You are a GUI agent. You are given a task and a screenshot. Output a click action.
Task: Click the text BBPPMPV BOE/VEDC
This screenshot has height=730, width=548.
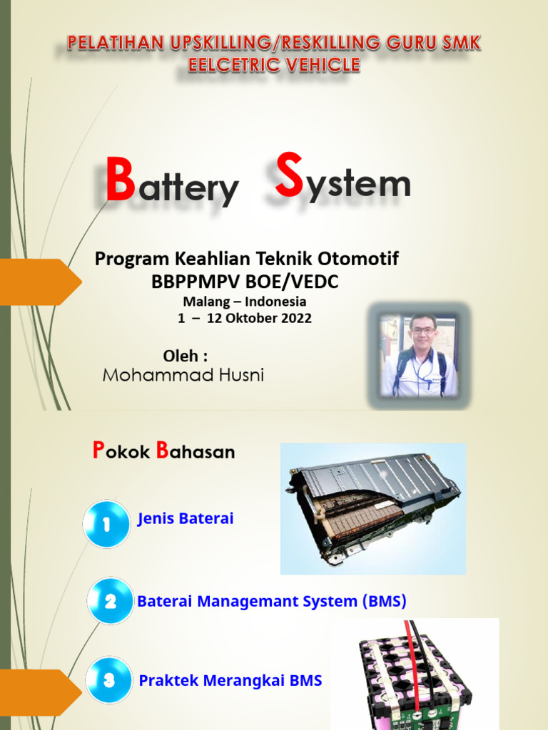245,282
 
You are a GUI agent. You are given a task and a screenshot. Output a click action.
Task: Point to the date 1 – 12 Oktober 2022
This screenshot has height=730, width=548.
244,319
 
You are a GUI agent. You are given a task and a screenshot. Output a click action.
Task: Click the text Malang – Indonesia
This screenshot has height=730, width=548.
244,302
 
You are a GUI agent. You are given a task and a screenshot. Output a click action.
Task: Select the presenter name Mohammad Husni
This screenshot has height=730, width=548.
183,375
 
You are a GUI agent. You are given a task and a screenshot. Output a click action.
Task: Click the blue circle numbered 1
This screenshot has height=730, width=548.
107,524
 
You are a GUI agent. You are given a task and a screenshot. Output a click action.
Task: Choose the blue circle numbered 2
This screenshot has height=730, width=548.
111,602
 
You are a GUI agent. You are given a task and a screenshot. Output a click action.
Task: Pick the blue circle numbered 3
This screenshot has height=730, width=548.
109,681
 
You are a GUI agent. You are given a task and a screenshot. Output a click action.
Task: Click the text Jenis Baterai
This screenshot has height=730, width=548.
186,519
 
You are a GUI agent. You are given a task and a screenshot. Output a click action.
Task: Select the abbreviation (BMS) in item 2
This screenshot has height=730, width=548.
383,601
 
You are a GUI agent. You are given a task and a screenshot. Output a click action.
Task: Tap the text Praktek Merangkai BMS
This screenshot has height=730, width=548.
230,681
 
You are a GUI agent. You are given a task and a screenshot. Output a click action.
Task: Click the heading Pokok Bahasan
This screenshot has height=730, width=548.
163,451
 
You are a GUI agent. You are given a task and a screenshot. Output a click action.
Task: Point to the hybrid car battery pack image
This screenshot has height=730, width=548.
372,508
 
